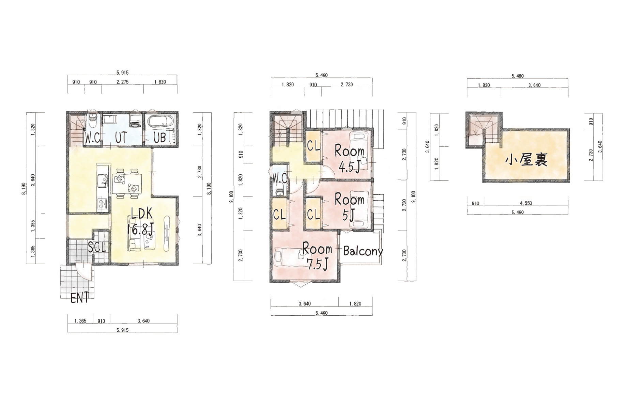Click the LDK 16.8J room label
pos(140,222)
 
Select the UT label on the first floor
pos(121,138)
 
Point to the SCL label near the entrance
pos(97,247)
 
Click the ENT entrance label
pos(80,298)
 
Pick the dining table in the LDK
pos(127,184)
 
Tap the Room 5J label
pos(349,207)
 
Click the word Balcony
pos(363,251)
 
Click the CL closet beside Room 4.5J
pos(313,146)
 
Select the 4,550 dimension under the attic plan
pos(526,203)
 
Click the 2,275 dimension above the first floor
pos(122,82)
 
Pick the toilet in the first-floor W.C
pos(93,121)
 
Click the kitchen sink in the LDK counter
pos(102,180)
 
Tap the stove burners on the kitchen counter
pos(103,204)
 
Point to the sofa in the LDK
pos(134,242)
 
